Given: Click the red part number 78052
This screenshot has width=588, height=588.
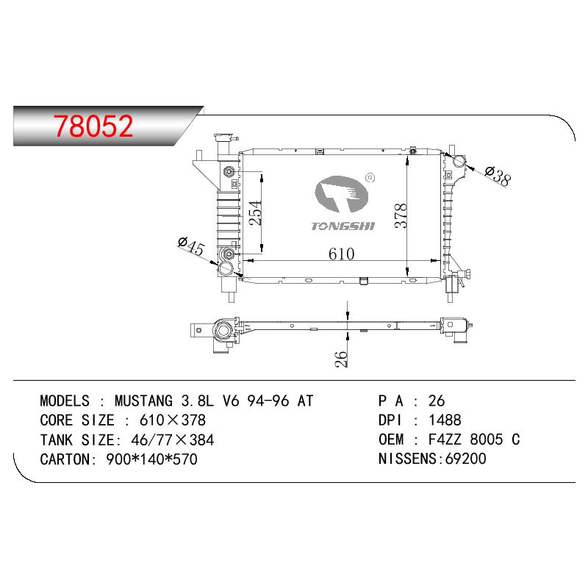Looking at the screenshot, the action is coord(93,126).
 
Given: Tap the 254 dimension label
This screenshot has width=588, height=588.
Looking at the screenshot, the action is coord(255,212).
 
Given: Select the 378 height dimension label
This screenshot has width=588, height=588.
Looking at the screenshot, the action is coord(401,215).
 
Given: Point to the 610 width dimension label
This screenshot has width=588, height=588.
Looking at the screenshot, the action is coord(341,254).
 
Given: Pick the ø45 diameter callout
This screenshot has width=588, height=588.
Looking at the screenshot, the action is coord(191,245).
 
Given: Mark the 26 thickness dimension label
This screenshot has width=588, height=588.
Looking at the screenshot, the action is coord(341,359).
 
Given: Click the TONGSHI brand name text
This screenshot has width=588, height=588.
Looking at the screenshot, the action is coord(343,226).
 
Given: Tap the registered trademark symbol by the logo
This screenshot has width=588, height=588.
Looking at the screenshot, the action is coord(370,177).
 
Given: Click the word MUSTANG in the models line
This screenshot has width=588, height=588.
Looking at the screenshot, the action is coord(143,401).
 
